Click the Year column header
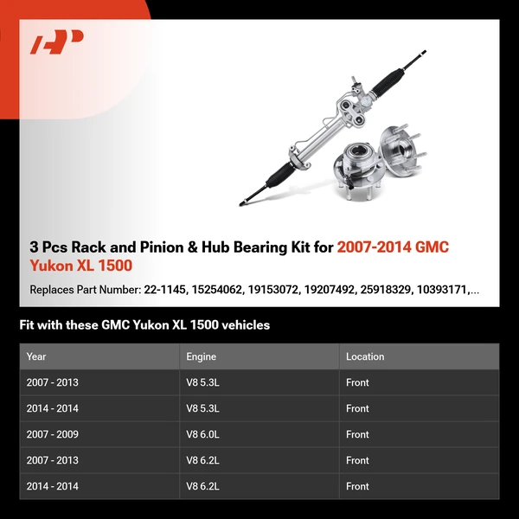[x=36, y=356]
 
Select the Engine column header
[x=201, y=356]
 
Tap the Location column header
[x=365, y=356]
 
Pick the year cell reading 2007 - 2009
[x=53, y=434]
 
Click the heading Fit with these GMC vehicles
[x=144, y=325]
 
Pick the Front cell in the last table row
[x=357, y=486]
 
